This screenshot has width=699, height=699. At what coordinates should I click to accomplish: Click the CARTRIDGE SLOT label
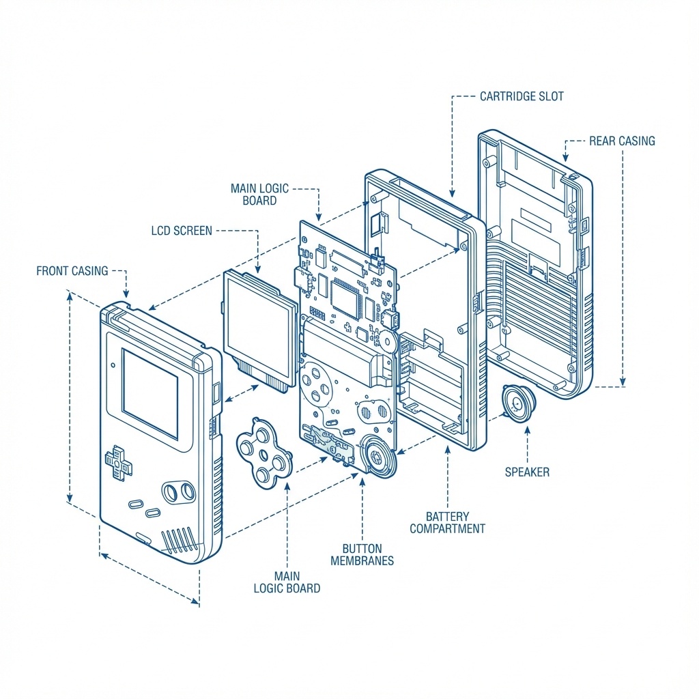tap(522, 96)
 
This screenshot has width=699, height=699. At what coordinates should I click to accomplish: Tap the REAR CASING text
tap(621, 141)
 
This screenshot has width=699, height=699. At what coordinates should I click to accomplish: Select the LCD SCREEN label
tap(182, 231)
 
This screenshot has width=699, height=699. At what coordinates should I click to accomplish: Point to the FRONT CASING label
tap(72, 271)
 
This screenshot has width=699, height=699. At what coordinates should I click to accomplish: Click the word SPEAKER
tap(526, 472)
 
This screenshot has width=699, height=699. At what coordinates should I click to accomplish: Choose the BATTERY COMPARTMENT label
tap(447, 522)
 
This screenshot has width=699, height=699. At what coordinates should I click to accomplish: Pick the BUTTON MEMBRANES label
tap(362, 554)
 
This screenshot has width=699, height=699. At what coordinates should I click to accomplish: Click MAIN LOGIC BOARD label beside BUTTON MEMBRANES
tap(287, 582)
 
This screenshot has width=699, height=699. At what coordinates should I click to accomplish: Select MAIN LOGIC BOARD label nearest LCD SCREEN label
tap(259, 195)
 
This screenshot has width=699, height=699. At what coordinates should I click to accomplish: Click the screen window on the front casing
tap(149, 393)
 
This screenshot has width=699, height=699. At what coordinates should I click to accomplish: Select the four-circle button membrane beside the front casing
tap(263, 454)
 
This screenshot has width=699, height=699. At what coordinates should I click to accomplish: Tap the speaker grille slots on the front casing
tap(179, 539)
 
